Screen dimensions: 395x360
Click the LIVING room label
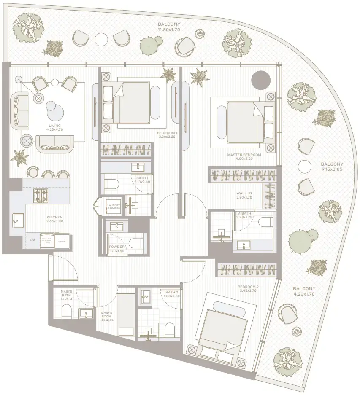[55, 126]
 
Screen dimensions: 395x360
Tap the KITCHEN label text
[55, 218]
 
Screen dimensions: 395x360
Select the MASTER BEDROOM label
[244, 155]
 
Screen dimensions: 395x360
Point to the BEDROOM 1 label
[167, 133]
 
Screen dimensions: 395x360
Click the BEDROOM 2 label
[249, 287]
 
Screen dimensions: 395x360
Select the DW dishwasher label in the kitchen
[32, 240]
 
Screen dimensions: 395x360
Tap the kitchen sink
[18, 220]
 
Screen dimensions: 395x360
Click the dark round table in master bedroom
[260, 79]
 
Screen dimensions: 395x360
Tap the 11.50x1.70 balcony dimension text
[168, 30]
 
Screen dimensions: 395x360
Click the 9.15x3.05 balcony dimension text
[332, 170]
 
